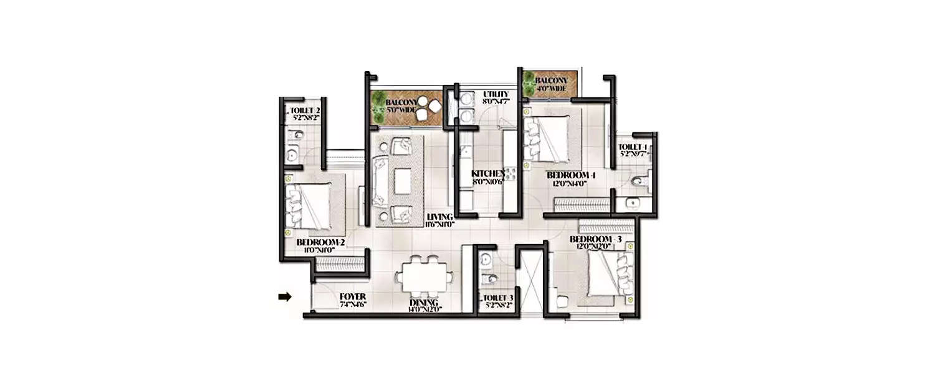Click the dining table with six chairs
(423, 276)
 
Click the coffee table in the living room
(401, 180)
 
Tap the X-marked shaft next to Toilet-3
(532, 278)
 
